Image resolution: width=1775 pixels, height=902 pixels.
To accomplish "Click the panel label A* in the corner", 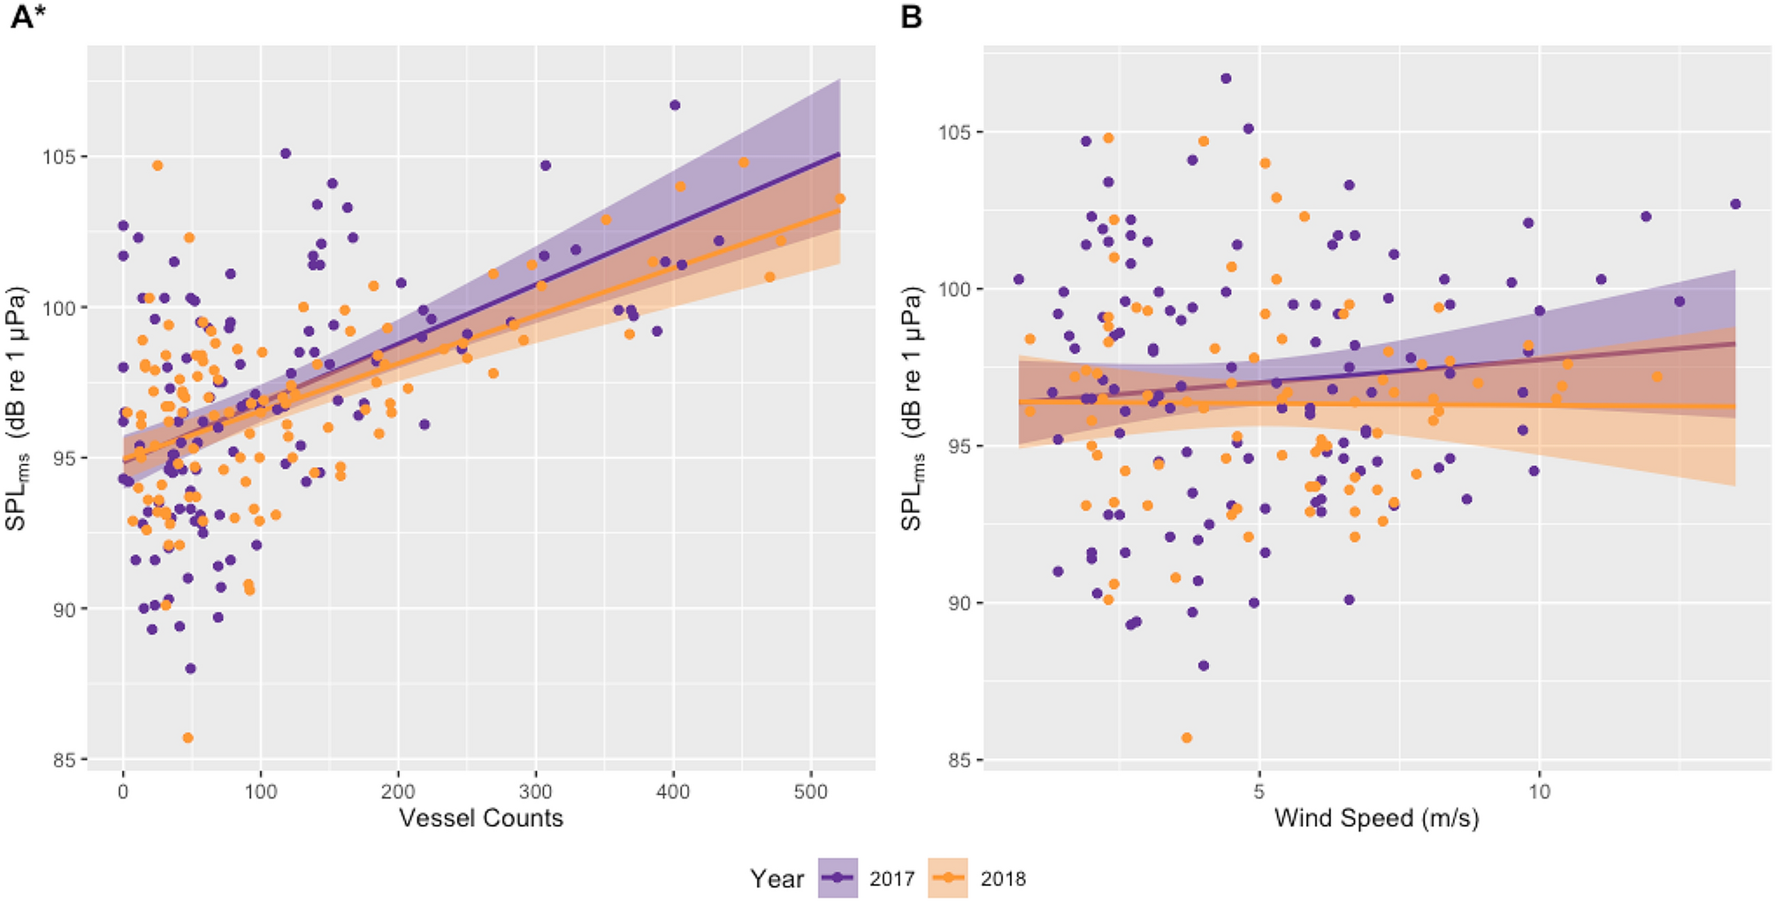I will tap(28, 17).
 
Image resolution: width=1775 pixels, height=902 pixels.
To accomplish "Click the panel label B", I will tap(911, 17).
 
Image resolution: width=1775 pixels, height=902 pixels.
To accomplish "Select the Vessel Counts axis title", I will tap(480, 817).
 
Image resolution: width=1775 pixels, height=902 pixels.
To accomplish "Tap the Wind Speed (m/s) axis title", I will tap(1376, 817).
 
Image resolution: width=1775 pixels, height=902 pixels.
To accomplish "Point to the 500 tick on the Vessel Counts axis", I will tap(810, 791).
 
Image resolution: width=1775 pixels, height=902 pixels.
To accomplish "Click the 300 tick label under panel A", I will tap(535, 791).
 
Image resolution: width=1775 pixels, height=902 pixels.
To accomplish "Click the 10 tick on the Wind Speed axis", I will tap(1539, 791).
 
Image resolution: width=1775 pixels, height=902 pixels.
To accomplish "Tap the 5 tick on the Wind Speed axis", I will tap(1259, 791).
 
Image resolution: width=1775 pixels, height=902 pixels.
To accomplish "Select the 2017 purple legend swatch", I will tap(838, 878).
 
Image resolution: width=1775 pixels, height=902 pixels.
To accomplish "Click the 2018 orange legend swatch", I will tap(948, 878).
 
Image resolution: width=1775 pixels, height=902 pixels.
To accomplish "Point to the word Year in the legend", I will tap(777, 878).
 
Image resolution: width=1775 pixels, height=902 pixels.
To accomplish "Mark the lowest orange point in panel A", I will tap(187, 738).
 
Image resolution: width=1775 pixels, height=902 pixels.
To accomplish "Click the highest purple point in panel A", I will tap(675, 105).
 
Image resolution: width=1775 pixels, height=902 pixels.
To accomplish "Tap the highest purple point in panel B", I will tap(1226, 79).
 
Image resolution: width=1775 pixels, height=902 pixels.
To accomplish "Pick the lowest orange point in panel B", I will tap(1187, 738).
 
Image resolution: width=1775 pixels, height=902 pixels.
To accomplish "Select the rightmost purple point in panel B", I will tap(1735, 204).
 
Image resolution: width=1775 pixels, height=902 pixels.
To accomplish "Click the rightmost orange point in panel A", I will tap(839, 199).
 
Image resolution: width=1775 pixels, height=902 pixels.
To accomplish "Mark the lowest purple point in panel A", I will tap(190, 669).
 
